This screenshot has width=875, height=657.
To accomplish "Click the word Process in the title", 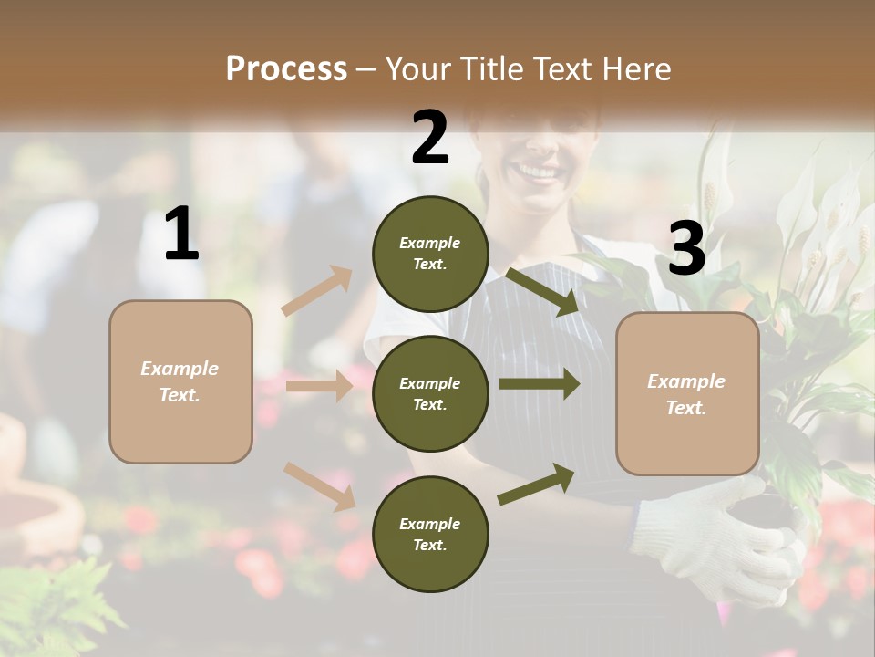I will click(286, 68).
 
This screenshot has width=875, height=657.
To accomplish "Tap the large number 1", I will click(181, 235).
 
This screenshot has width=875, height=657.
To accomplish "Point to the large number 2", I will click(430, 138).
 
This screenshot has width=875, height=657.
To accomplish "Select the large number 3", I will click(686, 248).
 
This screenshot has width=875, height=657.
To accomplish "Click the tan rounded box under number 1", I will click(180, 381).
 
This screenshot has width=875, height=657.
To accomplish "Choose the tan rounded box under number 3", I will click(687, 393).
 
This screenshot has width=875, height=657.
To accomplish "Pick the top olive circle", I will click(430, 254).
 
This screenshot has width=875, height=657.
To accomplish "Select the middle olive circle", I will click(430, 393).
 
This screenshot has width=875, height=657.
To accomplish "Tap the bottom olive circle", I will click(430, 534).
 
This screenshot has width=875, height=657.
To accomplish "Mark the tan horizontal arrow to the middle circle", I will click(319, 386).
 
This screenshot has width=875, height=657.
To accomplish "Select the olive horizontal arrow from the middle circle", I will click(539, 384).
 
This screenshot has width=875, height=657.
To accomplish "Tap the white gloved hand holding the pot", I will click(720, 538).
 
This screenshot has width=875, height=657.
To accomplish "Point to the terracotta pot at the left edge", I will click(36, 493).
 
